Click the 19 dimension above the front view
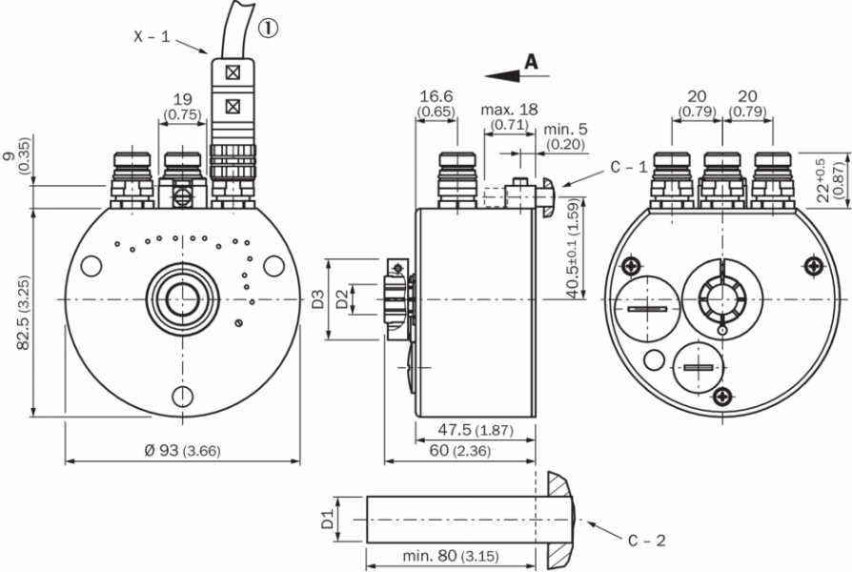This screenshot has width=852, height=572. (181, 98)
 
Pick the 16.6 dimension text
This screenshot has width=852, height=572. (435, 95)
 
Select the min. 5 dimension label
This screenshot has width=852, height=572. (565, 129)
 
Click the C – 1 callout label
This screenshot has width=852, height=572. (629, 169)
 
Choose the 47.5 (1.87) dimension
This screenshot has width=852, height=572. (476, 431)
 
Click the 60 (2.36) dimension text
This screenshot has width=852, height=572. (460, 450)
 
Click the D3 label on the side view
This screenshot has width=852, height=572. (316, 299)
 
